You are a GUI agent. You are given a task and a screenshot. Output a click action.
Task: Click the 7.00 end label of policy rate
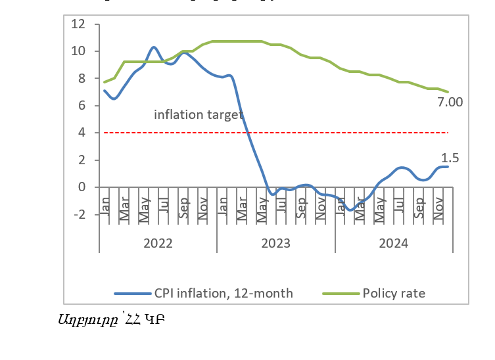450,102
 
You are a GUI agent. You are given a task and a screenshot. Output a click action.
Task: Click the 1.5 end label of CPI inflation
450,158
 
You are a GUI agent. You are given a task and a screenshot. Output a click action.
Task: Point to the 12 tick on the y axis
78,24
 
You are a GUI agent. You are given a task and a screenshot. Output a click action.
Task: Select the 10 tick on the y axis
78,51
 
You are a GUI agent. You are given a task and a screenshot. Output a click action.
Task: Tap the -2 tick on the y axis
78,214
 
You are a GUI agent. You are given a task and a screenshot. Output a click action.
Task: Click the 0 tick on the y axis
82,187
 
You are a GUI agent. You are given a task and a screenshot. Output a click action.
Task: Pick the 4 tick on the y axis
82,133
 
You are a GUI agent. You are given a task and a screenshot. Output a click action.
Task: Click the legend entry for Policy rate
394,294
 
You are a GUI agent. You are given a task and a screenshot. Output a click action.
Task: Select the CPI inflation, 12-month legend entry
224,294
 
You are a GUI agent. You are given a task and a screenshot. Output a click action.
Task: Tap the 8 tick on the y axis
82,78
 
